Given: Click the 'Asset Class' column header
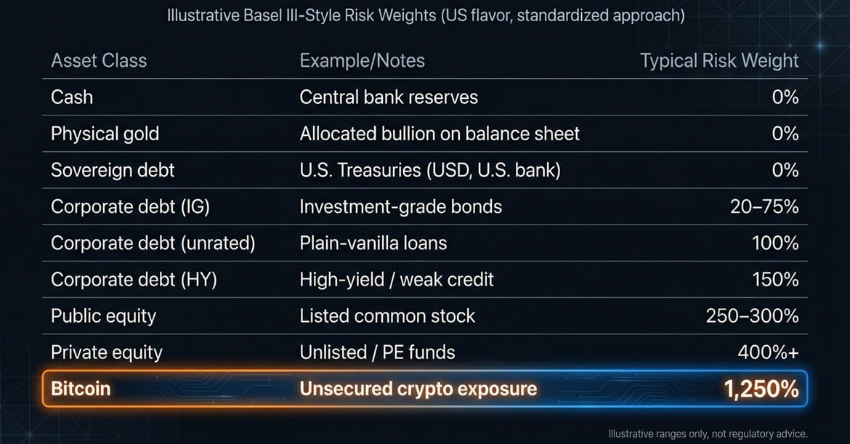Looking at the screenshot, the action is pyautogui.click(x=99, y=61).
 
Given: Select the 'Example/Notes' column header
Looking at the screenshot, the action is pyautogui.click(x=362, y=61).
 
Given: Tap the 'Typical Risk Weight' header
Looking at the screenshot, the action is pyautogui.click(x=719, y=61).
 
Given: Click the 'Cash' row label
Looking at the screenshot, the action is pyautogui.click(x=71, y=97).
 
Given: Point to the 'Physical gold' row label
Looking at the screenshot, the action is pyautogui.click(x=105, y=134).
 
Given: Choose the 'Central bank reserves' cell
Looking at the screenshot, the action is pyautogui.click(x=389, y=97).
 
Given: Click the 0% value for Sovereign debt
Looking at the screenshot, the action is pyautogui.click(x=785, y=170).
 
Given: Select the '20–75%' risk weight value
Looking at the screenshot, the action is pyautogui.click(x=764, y=206).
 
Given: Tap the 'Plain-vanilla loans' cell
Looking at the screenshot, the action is pyautogui.click(x=373, y=243).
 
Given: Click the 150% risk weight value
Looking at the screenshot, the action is pyautogui.click(x=775, y=279).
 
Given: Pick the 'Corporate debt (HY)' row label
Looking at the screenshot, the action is pyautogui.click(x=134, y=280).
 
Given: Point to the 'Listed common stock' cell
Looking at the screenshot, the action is pyautogui.click(x=387, y=315).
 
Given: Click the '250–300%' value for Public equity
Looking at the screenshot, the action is pyautogui.click(x=753, y=315).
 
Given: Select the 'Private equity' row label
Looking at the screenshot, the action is pyautogui.click(x=107, y=353).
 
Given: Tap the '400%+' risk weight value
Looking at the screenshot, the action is pyautogui.click(x=768, y=352).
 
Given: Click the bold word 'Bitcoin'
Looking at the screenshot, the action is pyautogui.click(x=81, y=389).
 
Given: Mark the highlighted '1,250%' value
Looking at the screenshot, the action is pyautogui.click(x=761, y=389).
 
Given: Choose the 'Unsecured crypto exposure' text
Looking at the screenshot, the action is pyautogui.click(x=418, y=389).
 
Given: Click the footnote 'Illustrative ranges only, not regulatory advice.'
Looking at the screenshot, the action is pyautogui.click(x=708, y=434).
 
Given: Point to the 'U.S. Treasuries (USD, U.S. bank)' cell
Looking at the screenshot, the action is pyautogui.click(x=430, y=170).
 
